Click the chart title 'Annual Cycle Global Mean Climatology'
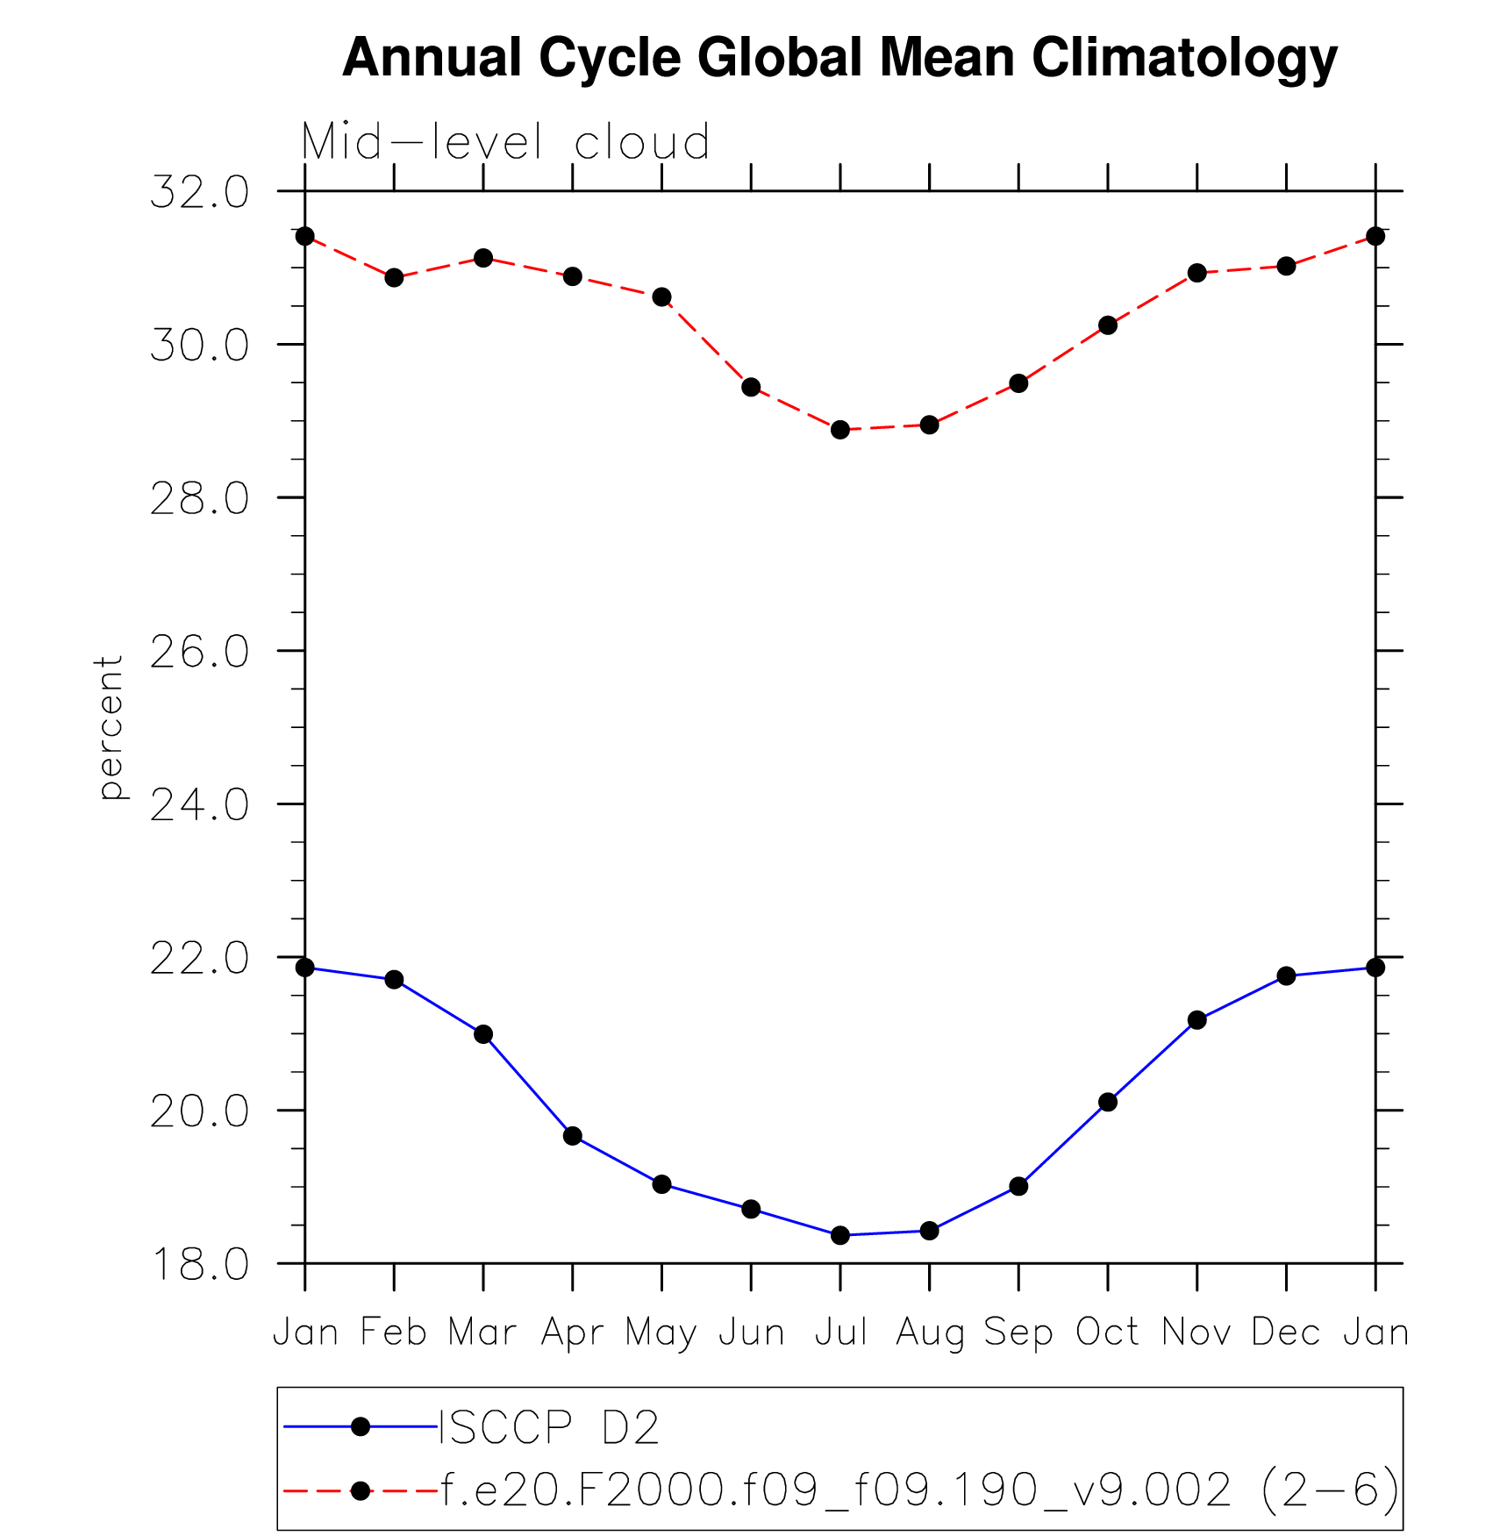839,58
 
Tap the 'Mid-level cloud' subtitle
505,141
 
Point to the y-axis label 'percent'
110,727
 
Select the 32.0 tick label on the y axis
199,192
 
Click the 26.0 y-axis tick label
199,652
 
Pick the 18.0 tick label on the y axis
199,1264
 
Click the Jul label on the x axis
840,1332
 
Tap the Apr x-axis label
572,1332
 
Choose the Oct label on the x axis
1107,1332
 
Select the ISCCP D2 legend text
548,1427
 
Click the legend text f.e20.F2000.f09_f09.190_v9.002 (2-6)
919,1490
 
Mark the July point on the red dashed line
840,430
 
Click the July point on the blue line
840,1235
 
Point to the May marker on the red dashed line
662,297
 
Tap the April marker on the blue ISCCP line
573,1136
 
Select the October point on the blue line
1108,1102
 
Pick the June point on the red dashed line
751,387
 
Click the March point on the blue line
483,1034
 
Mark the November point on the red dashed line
1197,273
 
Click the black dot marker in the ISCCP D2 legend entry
360,1427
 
